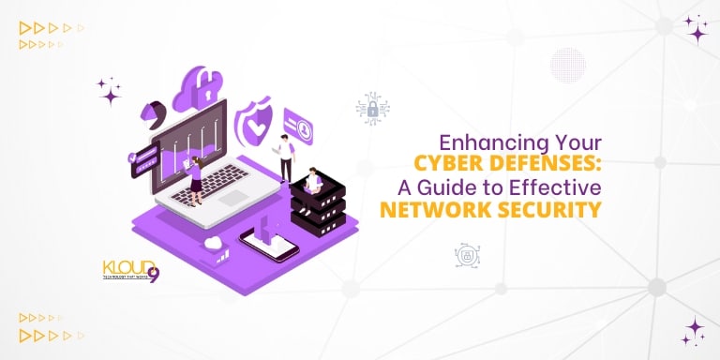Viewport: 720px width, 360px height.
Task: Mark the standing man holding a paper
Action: click(285, 155)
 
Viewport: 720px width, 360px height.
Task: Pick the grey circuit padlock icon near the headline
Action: click(372, 109)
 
